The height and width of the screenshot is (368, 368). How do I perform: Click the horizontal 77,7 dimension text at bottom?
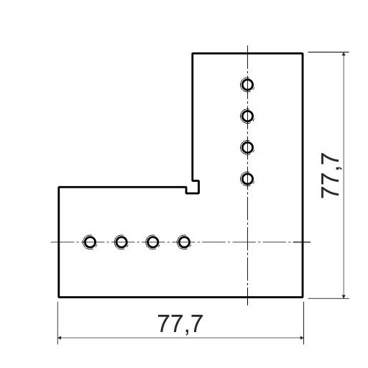pos(180,324)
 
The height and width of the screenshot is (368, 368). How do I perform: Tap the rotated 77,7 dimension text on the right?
pos(330,175)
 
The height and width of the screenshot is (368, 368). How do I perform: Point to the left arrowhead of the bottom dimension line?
pos(60,338)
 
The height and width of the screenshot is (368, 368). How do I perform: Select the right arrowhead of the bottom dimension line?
pos(301,338)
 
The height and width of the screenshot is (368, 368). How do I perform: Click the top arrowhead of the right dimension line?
pos(344,55)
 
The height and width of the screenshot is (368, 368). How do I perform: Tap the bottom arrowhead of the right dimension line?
pos(344,295)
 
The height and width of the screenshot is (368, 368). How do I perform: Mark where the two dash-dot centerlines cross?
pos(247,242)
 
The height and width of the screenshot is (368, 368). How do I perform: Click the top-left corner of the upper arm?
pos(193,53)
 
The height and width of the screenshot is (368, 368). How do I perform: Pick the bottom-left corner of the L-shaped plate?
pos(59,297)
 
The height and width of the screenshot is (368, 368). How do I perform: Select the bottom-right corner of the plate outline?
pos(303,297)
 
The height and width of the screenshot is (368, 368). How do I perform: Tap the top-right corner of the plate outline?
pos(303,53)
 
